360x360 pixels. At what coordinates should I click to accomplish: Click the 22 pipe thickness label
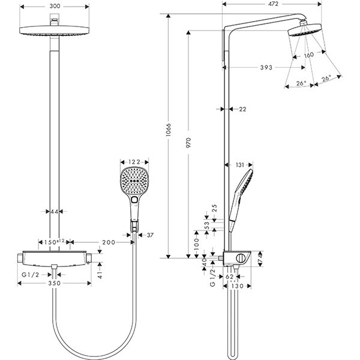[242, 109]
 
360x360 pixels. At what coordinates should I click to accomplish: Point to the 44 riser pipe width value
[55, 212]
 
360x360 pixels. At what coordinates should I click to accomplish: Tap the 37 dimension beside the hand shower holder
[150, 235]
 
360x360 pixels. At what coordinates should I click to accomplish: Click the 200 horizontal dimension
[109, 242]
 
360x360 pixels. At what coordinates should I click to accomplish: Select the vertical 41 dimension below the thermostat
[101, 274]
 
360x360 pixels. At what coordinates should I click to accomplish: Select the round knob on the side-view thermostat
[240, 258]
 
